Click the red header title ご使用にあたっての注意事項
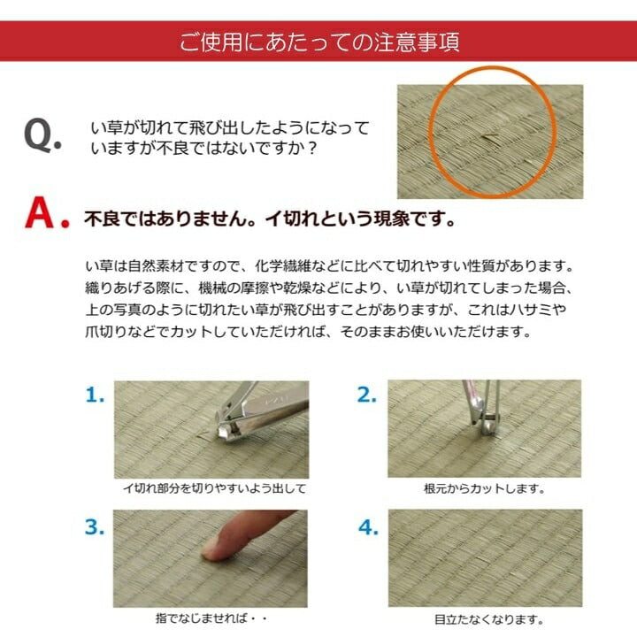(318, 42)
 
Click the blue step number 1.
(96, 395)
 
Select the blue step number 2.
(367, 395)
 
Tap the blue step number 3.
(96, 527)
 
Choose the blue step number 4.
(367, 528)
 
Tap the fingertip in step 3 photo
(216, 549)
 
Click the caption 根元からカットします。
(485, 488)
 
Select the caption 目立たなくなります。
(485, 619)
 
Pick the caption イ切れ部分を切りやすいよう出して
(213, 488)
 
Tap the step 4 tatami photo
(484, 557)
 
